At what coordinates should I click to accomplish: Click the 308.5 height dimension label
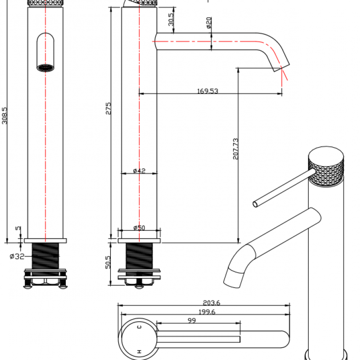pos(5,116)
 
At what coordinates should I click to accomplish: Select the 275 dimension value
pos(108,108)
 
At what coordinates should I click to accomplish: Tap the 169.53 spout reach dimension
pos(207,91)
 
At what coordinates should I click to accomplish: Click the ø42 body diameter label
pos(139,171)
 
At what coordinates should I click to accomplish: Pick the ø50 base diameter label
pos(139,228)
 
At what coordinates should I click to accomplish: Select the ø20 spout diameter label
pos(209,23)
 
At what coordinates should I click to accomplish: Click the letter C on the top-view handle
pos(139,327)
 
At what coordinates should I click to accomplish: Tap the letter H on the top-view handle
pos(139,350)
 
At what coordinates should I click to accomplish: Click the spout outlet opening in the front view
pos(45,68)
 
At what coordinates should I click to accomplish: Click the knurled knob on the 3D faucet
pos(325,166)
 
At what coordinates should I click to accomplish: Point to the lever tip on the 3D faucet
pos(255,204)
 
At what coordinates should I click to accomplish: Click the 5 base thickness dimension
pos(18,229)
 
